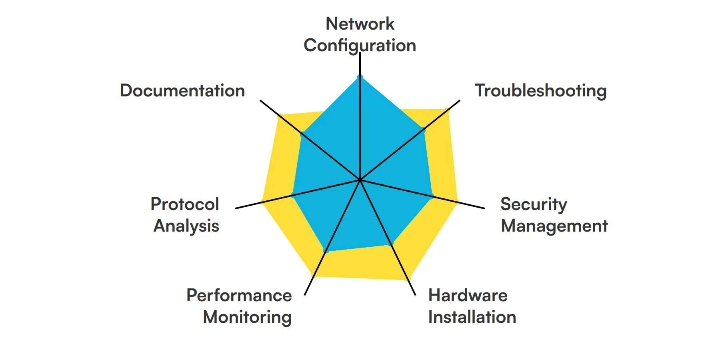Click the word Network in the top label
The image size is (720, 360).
click(x=360, y=24)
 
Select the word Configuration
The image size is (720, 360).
click(x=360, y=46)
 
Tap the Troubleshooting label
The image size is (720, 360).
click(x=540, y=91)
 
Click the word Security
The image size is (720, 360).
click(x=534, y=204)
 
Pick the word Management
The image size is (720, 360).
click(x=554, y=226)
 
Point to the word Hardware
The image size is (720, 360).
click(x=468, y=296)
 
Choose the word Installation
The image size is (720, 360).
click(x=472, y=317)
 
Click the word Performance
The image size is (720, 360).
click(x=239, y=296)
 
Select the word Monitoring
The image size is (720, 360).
click(x=247, y=317)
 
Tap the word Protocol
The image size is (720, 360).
click(x=185, y=204)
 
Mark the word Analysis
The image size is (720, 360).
click(x=186, y=226)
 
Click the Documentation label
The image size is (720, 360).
click(x=182, y=91)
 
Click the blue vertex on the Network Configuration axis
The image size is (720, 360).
click(x=360, y=77)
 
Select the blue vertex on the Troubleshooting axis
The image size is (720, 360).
click(x=423, y=130)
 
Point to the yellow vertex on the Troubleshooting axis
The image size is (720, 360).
click(x=447, y=110)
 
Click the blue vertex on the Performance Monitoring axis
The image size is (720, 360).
click(x=326, y=250)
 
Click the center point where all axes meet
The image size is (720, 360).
click(x=360, y=180)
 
